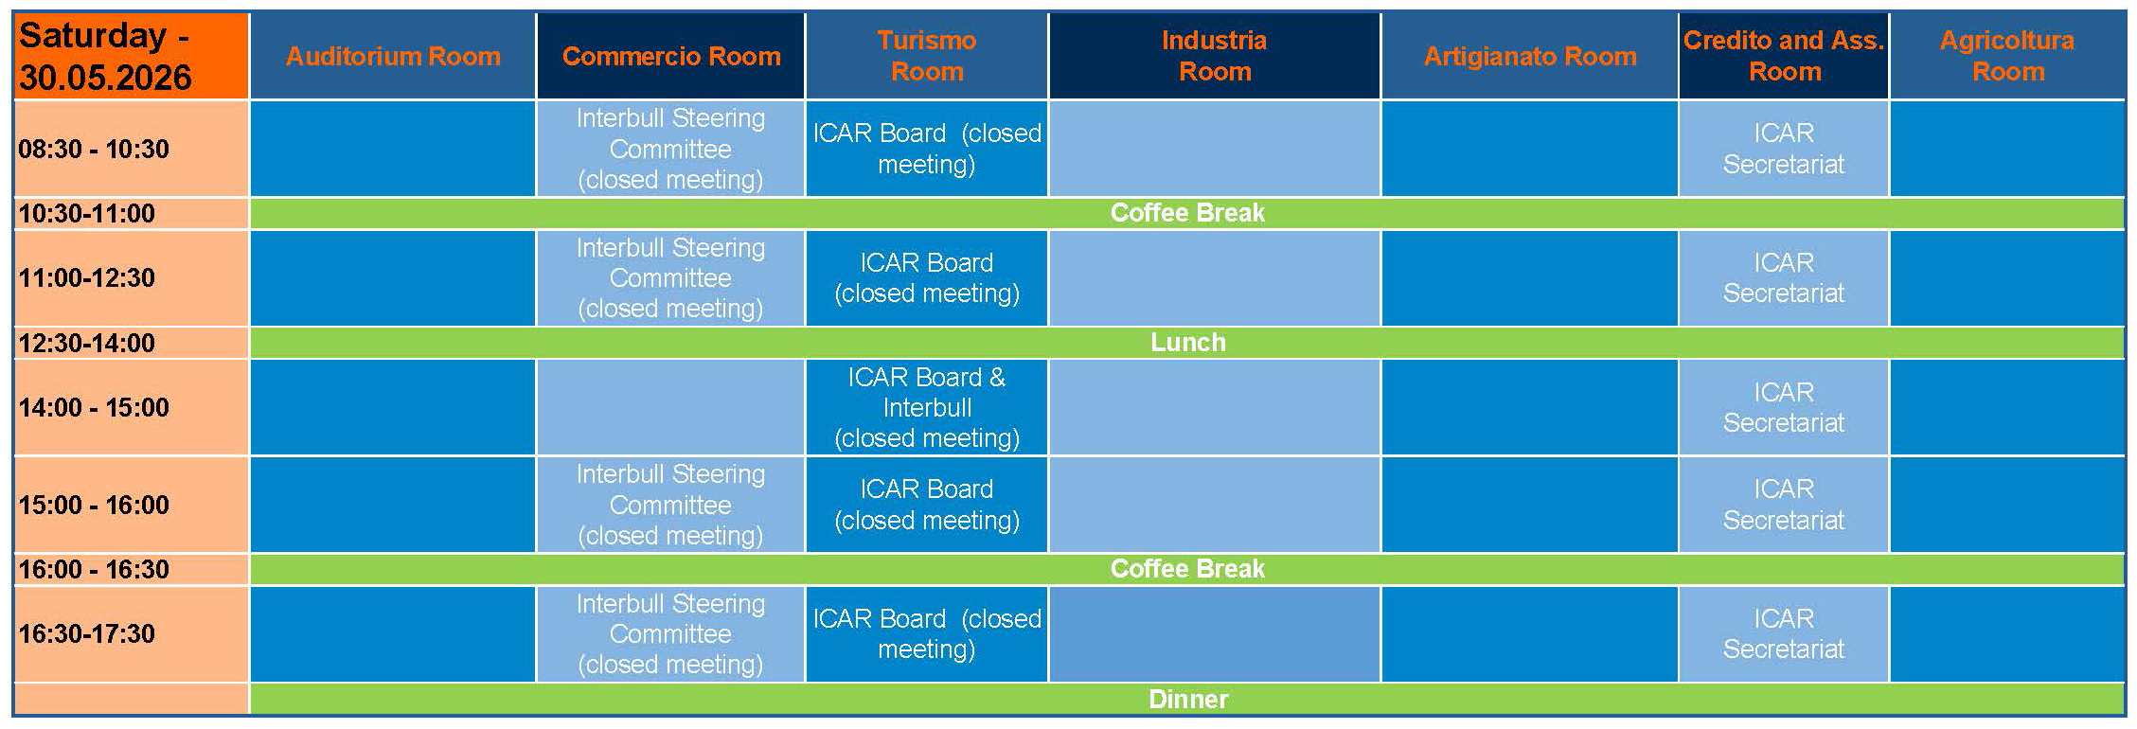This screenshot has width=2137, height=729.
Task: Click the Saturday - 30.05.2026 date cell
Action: [x=131, y=57]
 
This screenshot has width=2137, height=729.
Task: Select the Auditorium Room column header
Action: [x=393, y=57]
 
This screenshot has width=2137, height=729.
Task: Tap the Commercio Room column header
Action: [x=670, y=57]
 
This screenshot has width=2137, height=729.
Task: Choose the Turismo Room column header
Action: [x=926, y=57]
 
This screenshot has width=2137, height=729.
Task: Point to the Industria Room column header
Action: [x=1214, y=57]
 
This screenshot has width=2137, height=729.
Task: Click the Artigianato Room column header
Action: [x=1529, y=57]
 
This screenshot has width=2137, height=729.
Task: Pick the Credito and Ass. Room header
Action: [x=1784, y=57]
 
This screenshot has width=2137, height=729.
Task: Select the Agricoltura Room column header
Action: [x=2007, y=57]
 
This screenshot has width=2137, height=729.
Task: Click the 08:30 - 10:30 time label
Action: [x=94, y=149]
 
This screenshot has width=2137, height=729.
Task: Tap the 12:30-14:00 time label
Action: [x=86, y=343]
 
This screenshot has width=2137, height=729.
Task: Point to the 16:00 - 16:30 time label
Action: [x=94, y=569]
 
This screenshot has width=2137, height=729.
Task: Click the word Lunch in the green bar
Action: [x=1187, y=343]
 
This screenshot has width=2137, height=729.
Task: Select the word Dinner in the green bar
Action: [x=1187, y=700]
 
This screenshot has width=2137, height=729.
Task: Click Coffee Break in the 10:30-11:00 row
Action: [x=1187, y=213]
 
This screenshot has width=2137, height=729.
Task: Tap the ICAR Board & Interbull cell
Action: [x=926, y=407]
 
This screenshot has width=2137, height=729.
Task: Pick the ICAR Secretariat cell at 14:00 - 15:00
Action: [x=1784, y=407]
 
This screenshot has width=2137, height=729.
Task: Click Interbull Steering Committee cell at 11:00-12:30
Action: [x=670, y=278]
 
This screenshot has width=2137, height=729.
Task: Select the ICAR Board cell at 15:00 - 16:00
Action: [x=926, y=505]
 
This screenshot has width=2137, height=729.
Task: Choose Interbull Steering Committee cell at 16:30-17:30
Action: [x=670, y=634]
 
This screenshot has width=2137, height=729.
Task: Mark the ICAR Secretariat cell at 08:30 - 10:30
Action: [x=1784, y=149]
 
